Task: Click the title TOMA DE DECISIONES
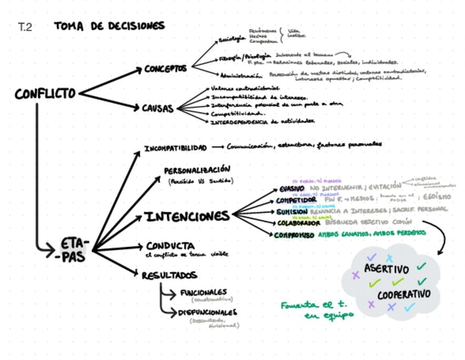[109, 26]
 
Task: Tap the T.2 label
[25, 27]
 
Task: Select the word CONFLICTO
[45, 94]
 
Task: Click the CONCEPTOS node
[165, 69]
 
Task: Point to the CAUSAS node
[157, 108]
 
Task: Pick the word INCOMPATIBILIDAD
[175, 148]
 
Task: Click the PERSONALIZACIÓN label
[197, 170]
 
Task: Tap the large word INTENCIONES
[187, 216]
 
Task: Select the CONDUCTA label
[169, 245]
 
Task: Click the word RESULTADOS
[169, 274]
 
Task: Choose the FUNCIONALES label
[203, 292]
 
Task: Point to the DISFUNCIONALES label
[207, 312]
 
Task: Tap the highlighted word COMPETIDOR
[296, 200]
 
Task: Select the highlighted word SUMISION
[292, 211]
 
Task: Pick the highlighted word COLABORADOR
[298, 223]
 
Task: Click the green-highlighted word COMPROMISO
[294, 234]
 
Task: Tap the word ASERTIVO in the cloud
[387, 269]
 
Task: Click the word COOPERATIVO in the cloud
[404, 294]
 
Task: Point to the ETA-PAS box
[75, 250]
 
